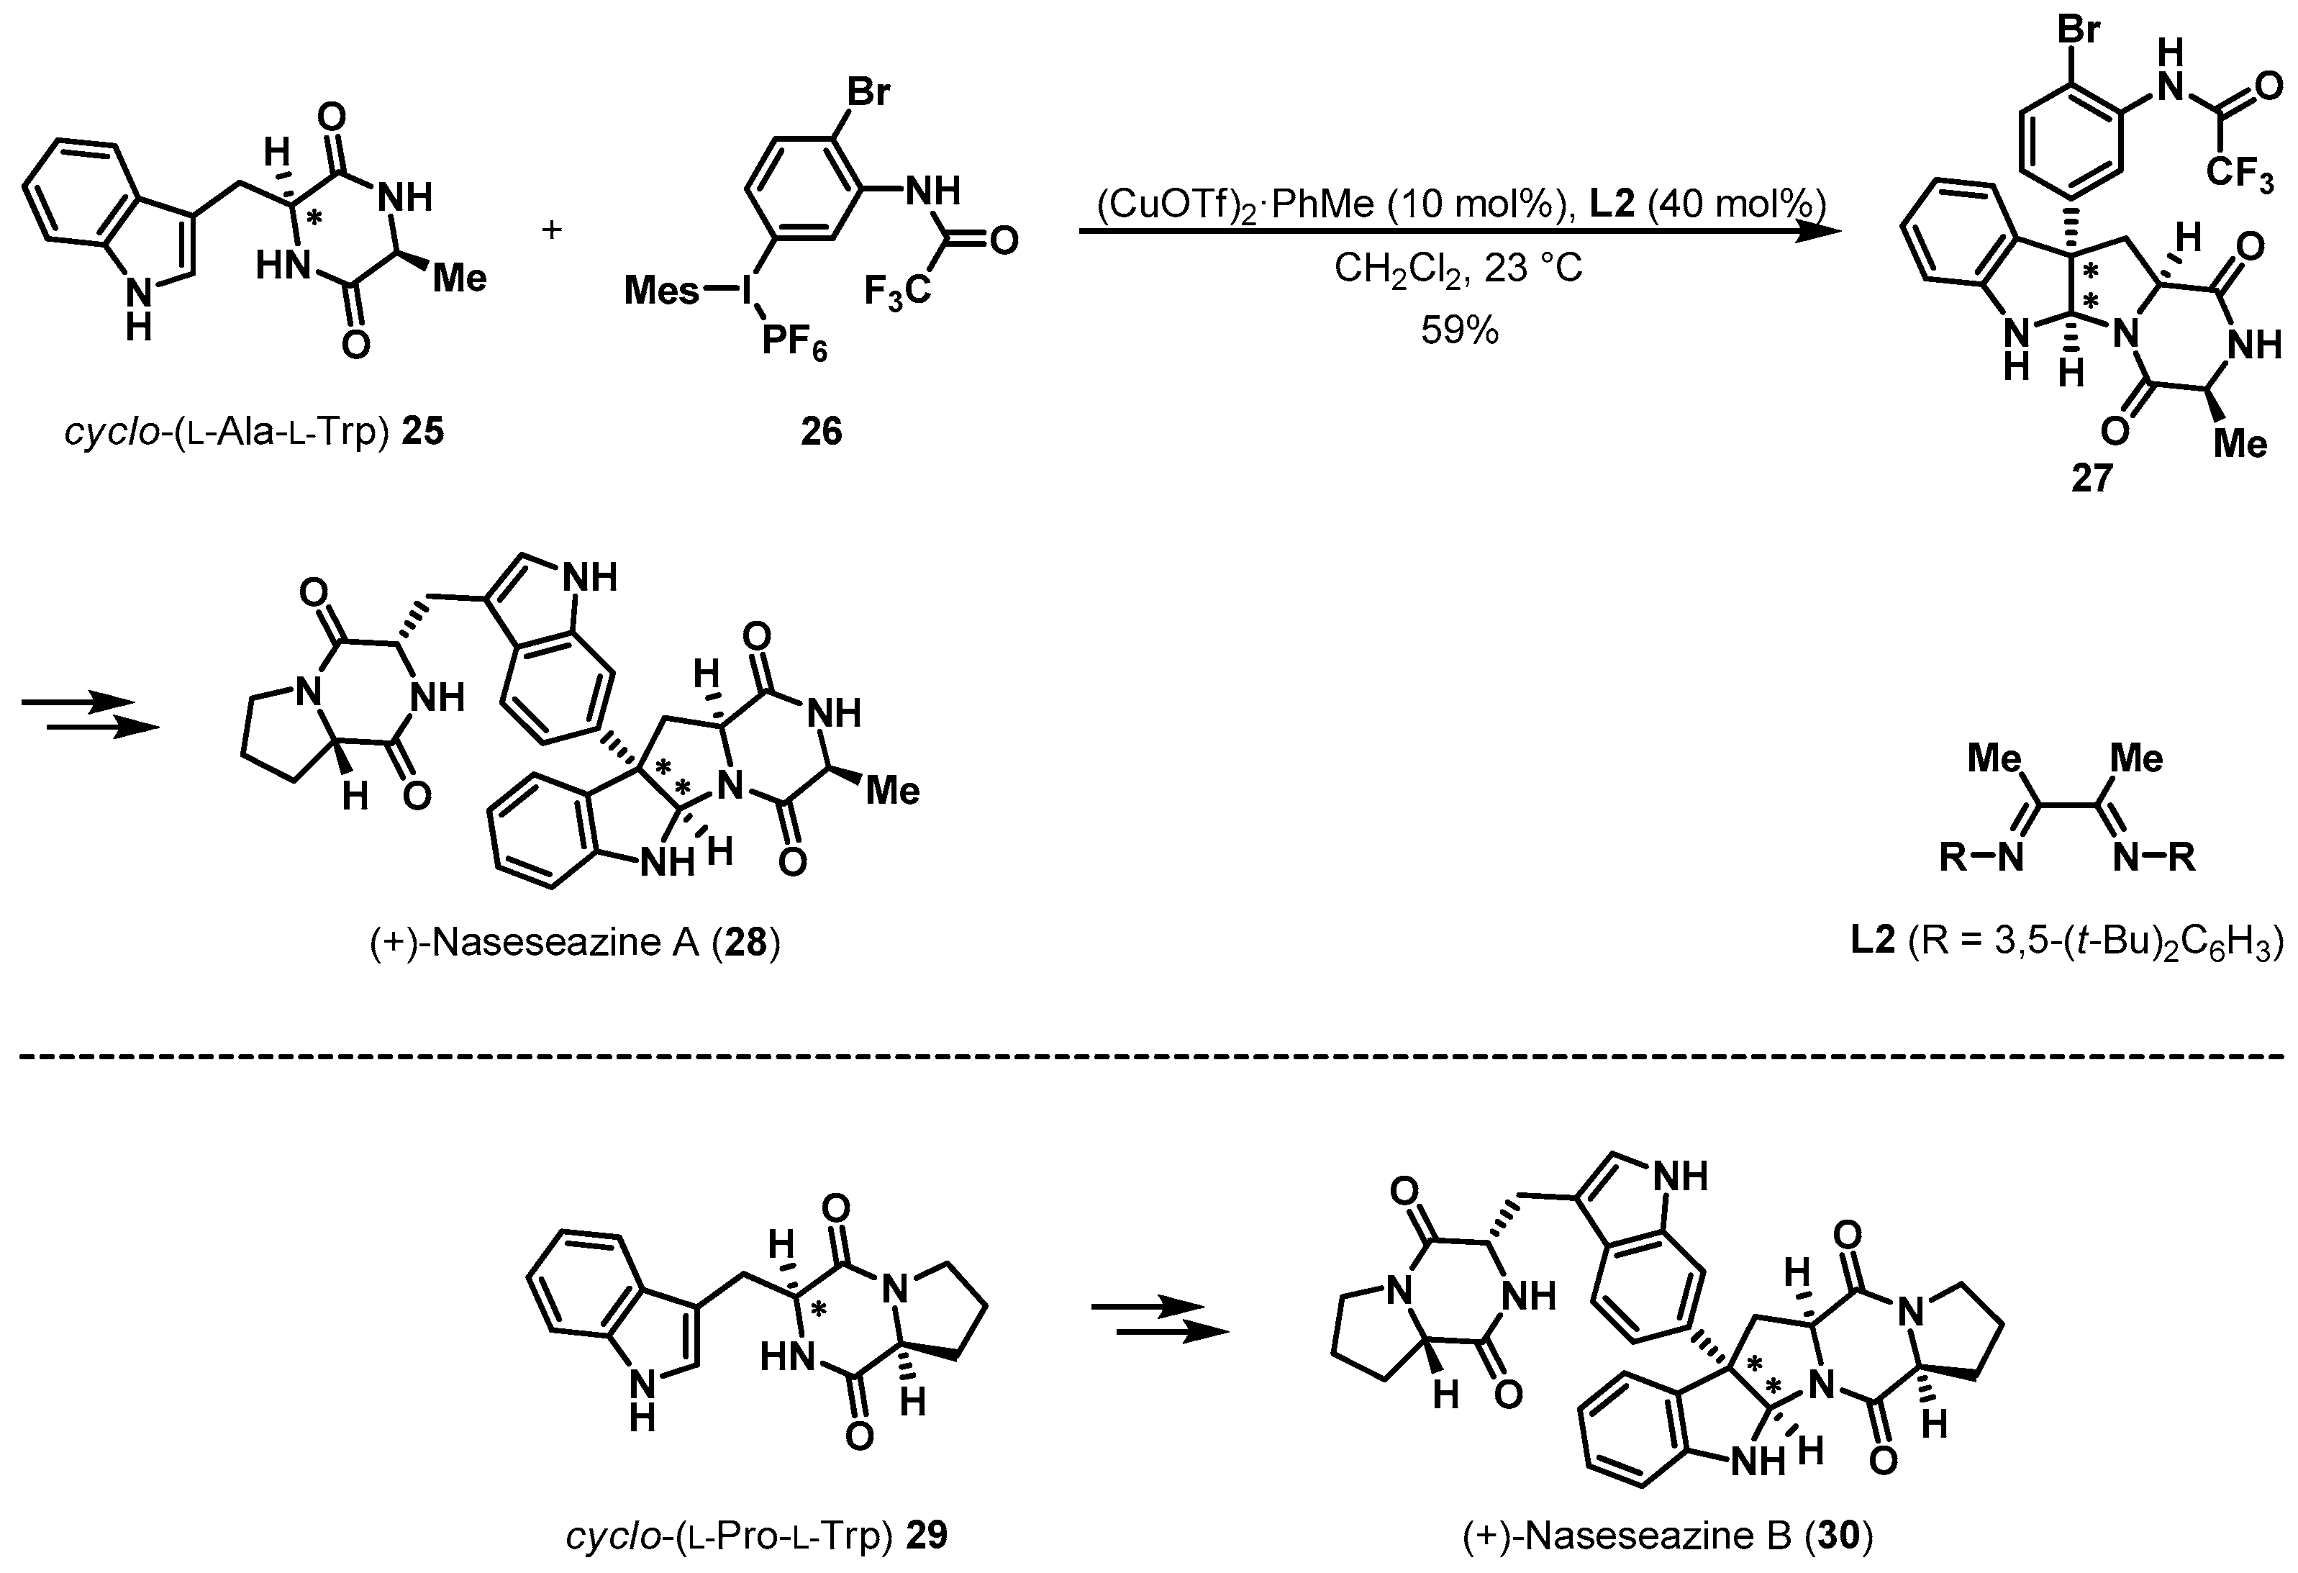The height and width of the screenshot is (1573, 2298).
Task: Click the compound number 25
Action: pyautogui.click(x=422, y=432)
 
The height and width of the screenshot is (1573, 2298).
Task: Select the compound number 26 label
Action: pyautogui.click(x=821, y=431)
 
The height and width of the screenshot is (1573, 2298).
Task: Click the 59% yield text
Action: pyautogui.click(x=1460, y=330)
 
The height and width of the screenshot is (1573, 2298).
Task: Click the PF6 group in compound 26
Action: pyautogui.click(x=794, y=346)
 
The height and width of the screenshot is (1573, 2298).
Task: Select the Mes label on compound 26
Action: pyautogui.click(x=661, y=291)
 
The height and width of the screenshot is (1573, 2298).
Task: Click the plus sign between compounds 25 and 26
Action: pyautogui.click(x=552, y=230)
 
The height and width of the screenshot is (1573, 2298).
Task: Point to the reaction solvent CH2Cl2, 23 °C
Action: pyautogui.click(x=1458, y=268)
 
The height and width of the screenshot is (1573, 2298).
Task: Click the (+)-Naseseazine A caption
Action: pyautogui.click(x=574, y=943)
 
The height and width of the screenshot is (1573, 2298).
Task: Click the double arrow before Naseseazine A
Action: pyautogui.click(x=89, y=716)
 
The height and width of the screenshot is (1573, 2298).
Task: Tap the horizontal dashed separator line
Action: pyautogui.click(x=1147, y=1057)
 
